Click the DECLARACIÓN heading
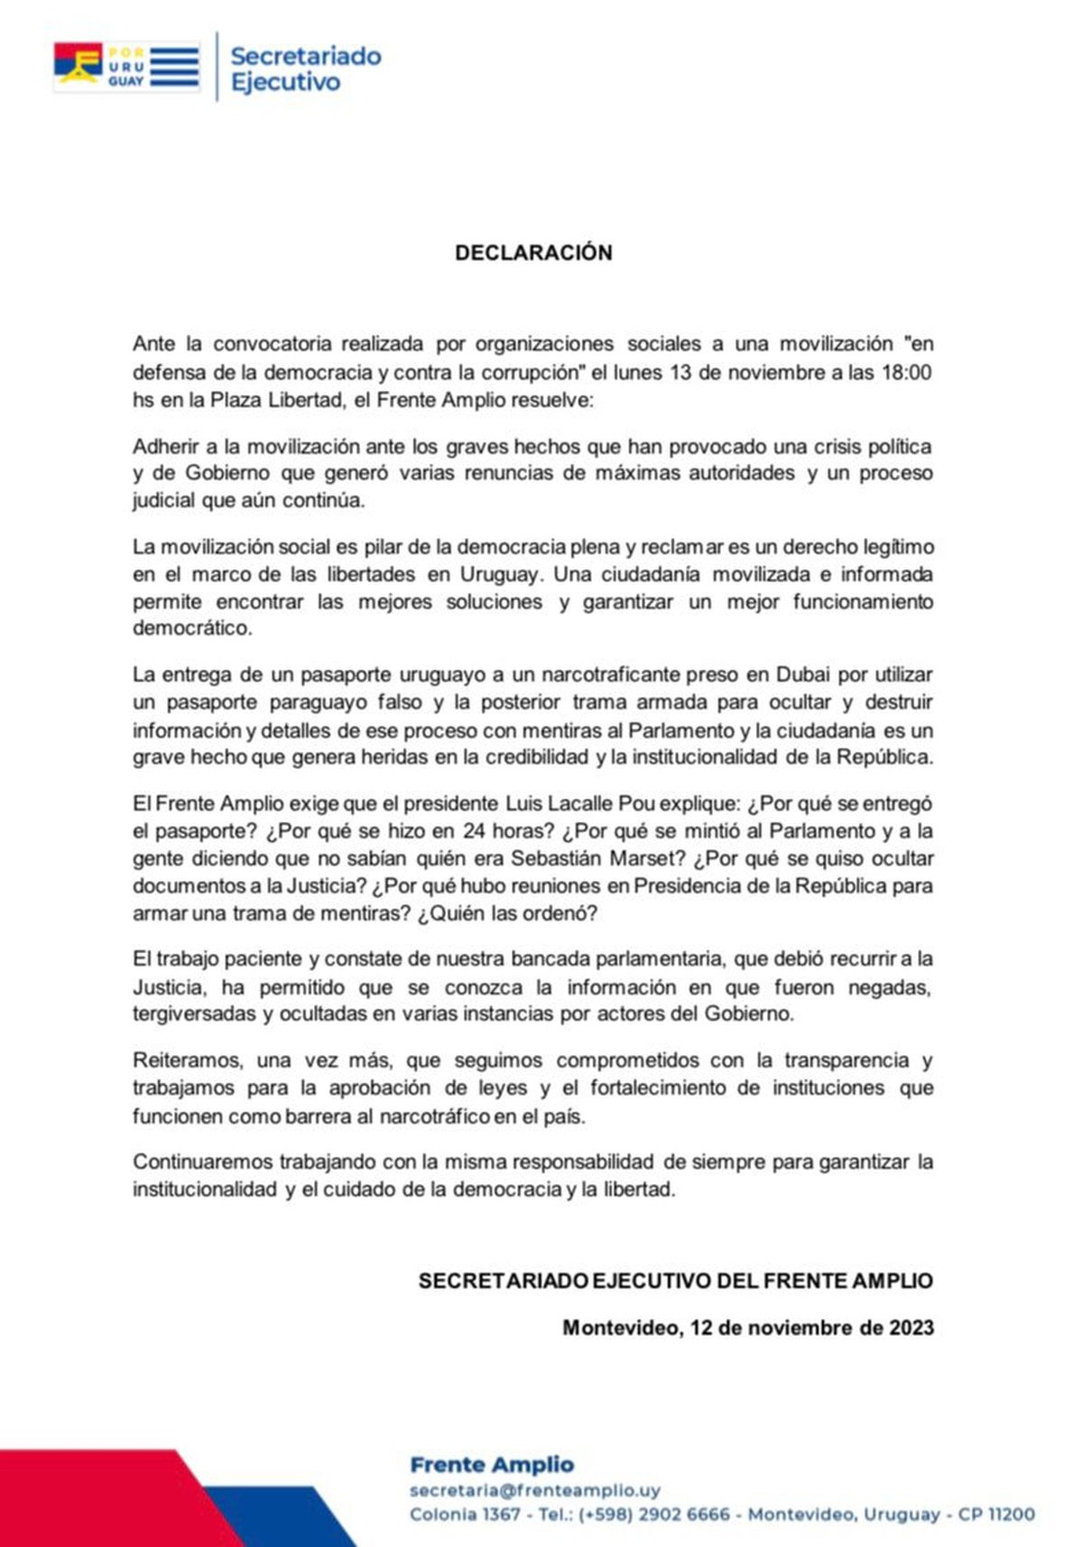[x=533, y=253]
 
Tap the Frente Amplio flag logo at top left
[x=125, y=66]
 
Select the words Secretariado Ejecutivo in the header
[x=305, y=69]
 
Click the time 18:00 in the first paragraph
[x=905, y=372]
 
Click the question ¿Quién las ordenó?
[x=506, y=912]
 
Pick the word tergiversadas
[x=194, y=1014]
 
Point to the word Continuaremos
[x=202, y=1161]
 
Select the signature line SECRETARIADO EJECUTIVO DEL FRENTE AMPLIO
[x=675, y=1280]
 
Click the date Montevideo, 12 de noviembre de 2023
[x=747, y=1328]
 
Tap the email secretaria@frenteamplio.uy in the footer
[x=534, y=1490]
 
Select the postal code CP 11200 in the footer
[x=996, y=1514]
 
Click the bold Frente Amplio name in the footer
[x=492, y=1464]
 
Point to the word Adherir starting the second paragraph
[x=166, y=446]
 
